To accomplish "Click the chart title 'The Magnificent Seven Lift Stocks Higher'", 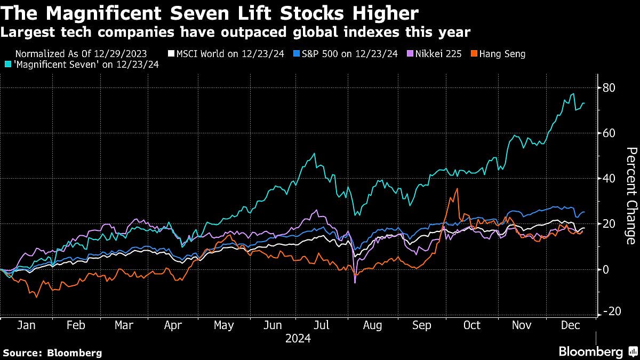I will click(210, 13).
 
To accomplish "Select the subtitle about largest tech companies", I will click(235, 33).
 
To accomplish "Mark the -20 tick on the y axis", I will click(608, 311).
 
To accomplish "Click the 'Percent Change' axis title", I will click(631, 196).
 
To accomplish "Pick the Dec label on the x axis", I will click(571, 325).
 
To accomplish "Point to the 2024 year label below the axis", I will click(298, 338).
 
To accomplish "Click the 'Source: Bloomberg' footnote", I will click(52, 353).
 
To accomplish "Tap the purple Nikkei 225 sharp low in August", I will click(355, 282).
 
